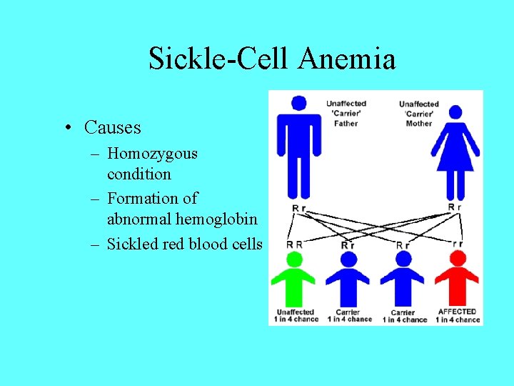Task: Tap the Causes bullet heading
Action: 112,127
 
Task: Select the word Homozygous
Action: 152,153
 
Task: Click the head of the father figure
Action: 299,103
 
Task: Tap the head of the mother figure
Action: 455,112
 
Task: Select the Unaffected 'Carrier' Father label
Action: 346,113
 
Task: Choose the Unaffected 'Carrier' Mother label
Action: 419,114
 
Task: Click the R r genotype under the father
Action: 300,208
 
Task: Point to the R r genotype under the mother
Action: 455,207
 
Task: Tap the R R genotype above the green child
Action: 294,244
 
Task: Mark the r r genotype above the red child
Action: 457,244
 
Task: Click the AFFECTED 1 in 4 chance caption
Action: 457,315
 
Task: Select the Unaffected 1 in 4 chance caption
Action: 295,315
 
